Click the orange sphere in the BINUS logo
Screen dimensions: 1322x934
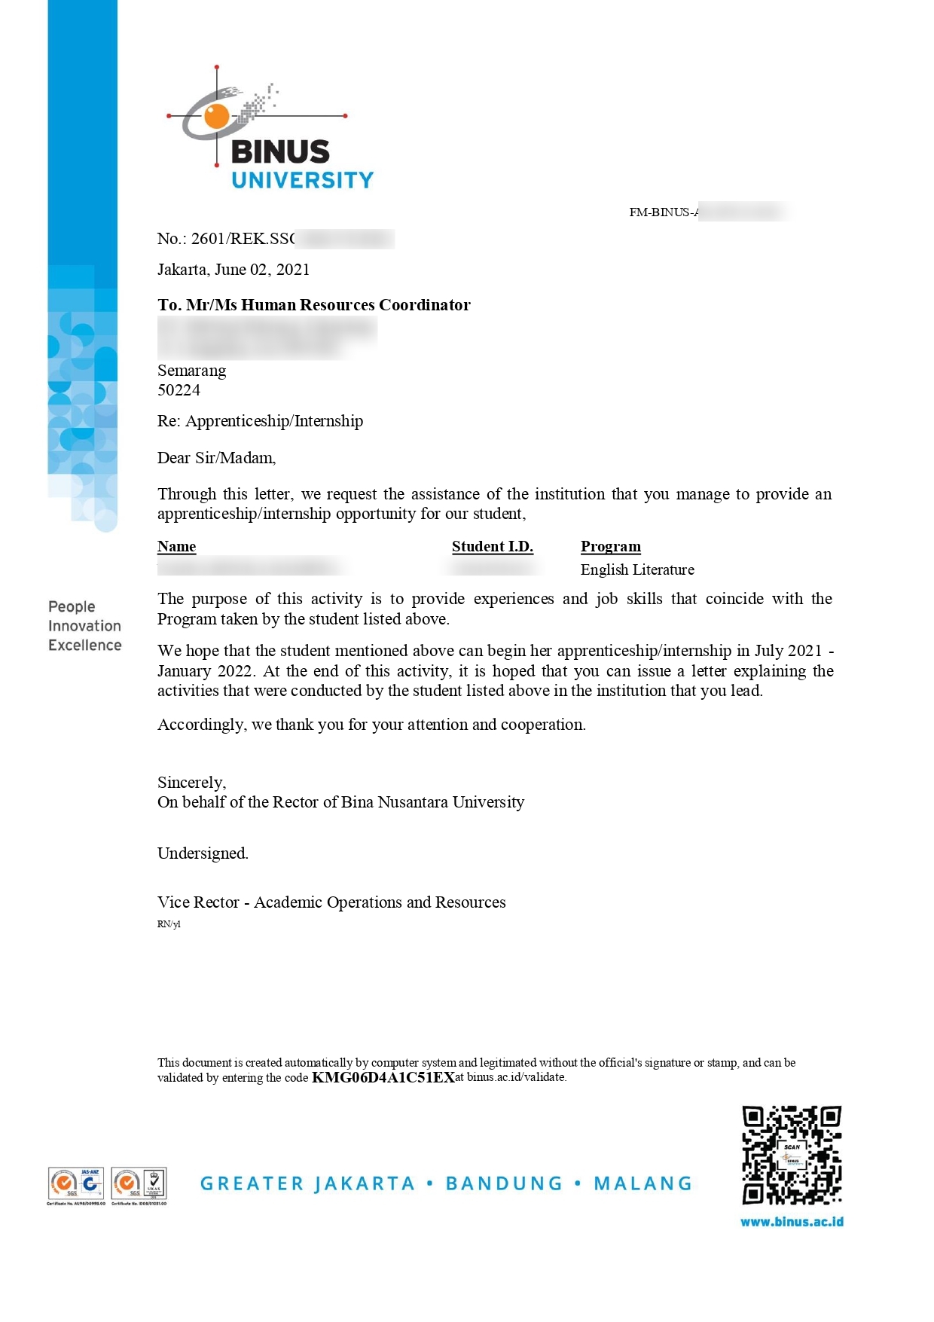point(217,116)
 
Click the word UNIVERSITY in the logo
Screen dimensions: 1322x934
point(302,180)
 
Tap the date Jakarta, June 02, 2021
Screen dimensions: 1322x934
point(233,270)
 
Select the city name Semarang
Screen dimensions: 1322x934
point(191,371)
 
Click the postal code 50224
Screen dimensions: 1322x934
point(179,390)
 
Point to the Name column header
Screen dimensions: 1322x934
point(176,546)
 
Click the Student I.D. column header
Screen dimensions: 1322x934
point(492,546)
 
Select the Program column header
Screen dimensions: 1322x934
point(610,546)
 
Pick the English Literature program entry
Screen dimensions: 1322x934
point(637,569)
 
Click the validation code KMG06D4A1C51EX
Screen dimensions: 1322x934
point(383,1077)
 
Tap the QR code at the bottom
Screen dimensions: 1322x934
point(791,1155)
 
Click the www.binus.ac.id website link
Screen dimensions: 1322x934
point(792,1222)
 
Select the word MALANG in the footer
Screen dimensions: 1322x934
point(643,1183)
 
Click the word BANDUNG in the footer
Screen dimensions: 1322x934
point(504,1183)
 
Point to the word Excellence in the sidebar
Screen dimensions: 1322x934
point(84,646)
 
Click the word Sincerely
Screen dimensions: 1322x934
point(191,782)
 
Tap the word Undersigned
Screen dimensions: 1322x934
point(203,853)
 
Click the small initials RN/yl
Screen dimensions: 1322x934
point(169,924)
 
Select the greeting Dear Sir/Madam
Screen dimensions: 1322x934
point(216,458)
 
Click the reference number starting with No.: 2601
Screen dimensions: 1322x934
point(226,239)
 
